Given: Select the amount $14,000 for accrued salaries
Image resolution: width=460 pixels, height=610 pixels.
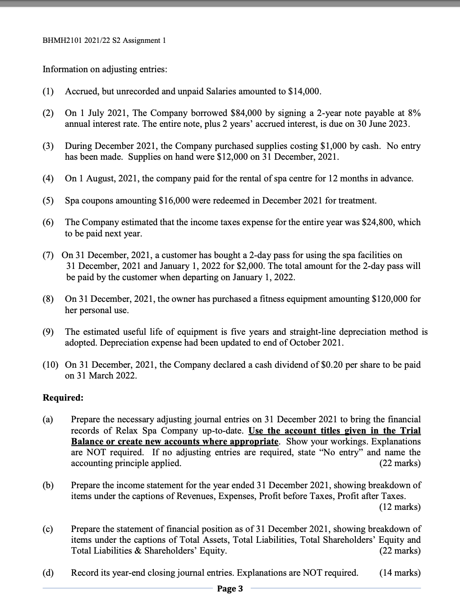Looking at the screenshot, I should [x=305, y=91].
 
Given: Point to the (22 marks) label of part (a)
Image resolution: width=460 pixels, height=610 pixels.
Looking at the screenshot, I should [x=400, y=463].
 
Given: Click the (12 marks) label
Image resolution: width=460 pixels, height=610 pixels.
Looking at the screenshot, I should [x=400, y=507].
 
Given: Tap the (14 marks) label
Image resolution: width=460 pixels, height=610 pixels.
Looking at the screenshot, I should [x=400, y=573].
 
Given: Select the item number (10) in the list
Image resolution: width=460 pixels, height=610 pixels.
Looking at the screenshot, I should [x=51, y=365].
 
